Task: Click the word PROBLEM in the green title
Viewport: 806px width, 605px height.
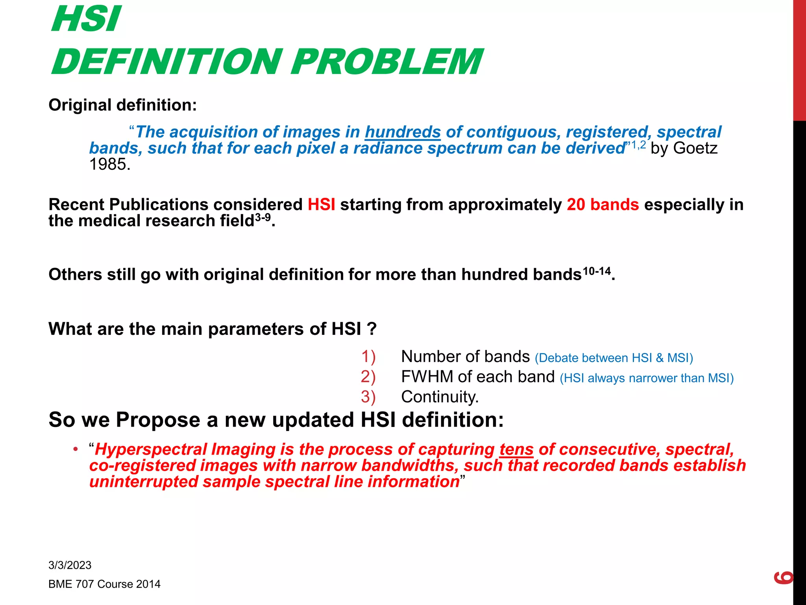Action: [386, 61]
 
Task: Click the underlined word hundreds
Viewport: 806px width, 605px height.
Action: [403, 132]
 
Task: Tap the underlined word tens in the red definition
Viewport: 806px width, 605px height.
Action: [516, 449]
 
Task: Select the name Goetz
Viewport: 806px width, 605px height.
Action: [695, 148]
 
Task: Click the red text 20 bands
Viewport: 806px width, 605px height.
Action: [603, 205]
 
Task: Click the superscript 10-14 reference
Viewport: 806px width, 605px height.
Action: [597, 271]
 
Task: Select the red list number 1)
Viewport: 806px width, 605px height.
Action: [368, 356]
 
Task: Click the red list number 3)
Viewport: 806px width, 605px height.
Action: [368, 397]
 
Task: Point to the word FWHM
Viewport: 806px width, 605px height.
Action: [427, 377]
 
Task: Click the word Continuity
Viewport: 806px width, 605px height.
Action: [439, 397]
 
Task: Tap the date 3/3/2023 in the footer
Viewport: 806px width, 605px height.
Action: [70, 565]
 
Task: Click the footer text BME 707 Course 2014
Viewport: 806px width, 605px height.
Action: [104, 584]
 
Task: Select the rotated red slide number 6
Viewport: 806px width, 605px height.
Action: [784, 577]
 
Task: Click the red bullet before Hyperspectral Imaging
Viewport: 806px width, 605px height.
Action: [75, 449]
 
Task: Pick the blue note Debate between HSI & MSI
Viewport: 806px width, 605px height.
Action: [614, 358]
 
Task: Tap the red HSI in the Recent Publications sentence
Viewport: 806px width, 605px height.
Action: [321, 205]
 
